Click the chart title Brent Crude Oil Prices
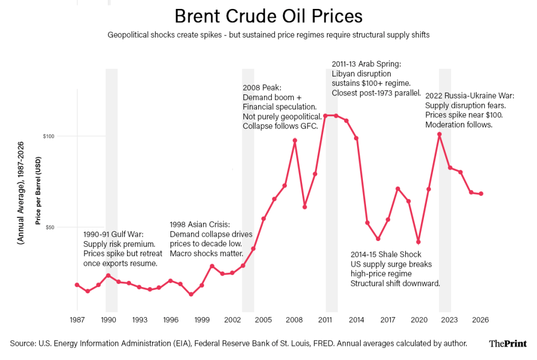268,16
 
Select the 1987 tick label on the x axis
77,320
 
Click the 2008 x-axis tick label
294,320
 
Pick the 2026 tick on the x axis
480,320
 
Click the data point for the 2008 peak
295,140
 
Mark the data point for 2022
439,134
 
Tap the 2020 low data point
418,242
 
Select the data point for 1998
191,294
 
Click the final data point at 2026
481,194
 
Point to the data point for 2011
326,116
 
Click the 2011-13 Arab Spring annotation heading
366,64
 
